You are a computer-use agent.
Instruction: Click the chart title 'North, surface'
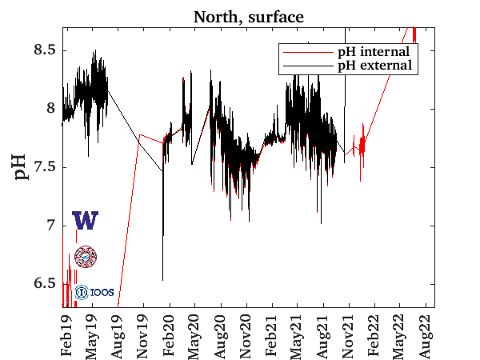click(x=248, y=15)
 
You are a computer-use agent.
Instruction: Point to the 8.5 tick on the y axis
click(x=42, y=50)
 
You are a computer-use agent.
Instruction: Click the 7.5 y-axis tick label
click(x=42, y=167)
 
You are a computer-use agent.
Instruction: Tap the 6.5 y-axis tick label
click(x=42, y=284)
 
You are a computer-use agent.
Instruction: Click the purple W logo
click(x=85, y=221)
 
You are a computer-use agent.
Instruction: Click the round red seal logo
click(x=85, y=257)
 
